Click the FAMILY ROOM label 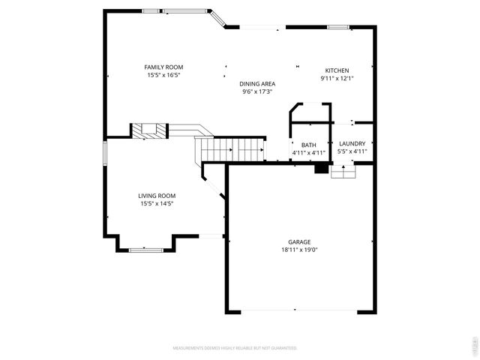pos(163,67)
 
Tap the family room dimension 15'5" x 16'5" pos(163,75)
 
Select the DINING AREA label pos(256,84)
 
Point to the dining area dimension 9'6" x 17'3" pos(256,92)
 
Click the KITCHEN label pos(337,70)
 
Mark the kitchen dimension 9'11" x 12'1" pos(337,77)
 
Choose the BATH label pos(308,145)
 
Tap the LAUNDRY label pos(352,144)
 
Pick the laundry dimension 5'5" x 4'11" pos(352,152)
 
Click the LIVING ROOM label pos(157,196)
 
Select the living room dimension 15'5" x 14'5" pos(157,203)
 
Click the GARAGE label pos(299,241)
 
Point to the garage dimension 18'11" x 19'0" pos(299,250)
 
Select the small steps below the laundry pos(343,172)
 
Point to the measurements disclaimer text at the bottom pos(235,348)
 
